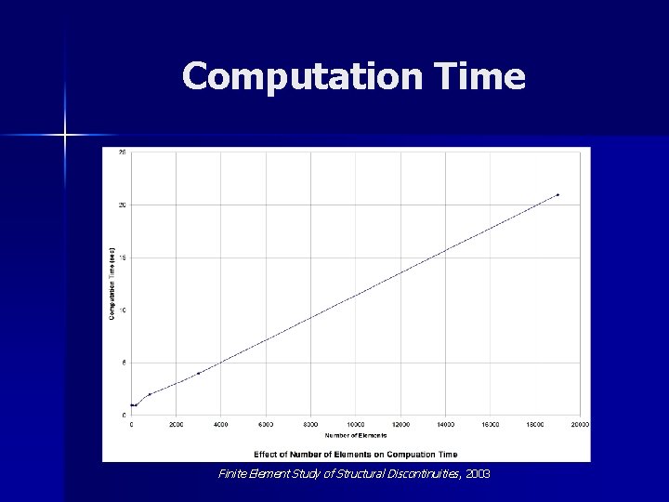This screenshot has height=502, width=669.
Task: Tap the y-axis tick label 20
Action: click(123, 205)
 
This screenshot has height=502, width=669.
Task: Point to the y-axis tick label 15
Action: click(123, 258)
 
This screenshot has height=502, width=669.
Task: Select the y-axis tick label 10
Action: click(123, 310)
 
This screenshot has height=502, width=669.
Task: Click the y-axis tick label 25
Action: click(123, 152)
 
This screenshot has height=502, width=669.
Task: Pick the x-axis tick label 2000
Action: click(176, 425)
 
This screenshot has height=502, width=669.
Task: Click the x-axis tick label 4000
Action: click(221, 425)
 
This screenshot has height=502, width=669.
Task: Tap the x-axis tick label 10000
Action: click(356, 425)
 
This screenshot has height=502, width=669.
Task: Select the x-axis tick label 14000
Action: click(446, 425)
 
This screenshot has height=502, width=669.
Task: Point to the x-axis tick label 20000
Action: click(580, 425)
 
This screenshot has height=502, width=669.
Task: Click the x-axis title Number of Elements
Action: click(355, 435)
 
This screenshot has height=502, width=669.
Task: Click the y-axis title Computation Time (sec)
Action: click(111, 284)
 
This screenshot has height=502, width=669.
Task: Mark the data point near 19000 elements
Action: click(557, 194)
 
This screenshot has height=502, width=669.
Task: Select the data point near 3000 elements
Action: click(198, 373)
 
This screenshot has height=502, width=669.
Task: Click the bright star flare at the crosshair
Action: click(65, 136)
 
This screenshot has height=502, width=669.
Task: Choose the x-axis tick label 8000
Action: click(311, 425)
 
